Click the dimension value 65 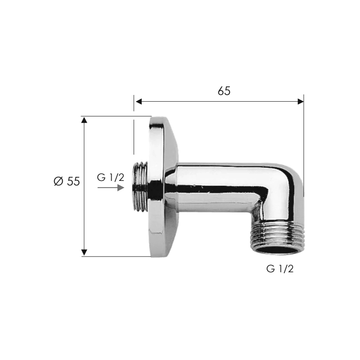coord(224,91)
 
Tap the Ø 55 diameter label coord(67,181)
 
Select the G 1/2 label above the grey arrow coord(110,177)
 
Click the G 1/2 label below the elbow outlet coord(280,269)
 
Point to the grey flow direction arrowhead coord(121,188)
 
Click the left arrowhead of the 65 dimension coord(139,102)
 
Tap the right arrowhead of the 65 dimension coord(301,102)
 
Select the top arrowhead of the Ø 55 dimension coord(84,120)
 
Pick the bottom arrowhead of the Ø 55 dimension coord(84,252)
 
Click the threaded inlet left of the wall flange coord(140,186)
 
